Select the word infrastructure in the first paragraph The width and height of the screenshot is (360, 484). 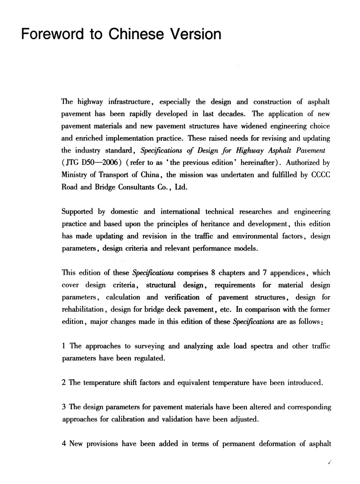pos(125,102)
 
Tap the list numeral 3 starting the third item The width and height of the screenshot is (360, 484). pos(63,407)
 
